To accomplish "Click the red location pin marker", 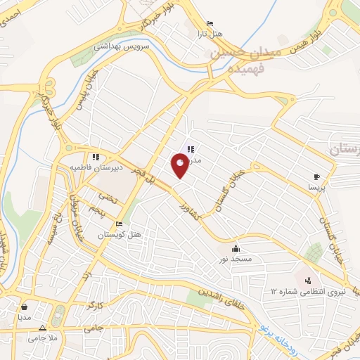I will coord(181,165).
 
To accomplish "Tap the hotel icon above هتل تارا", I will coord(210,24).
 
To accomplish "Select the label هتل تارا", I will coord(210,34).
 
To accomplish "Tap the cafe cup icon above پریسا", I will coord(316,176).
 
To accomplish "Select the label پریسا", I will coord(316,188).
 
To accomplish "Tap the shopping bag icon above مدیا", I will coord(26,307).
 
